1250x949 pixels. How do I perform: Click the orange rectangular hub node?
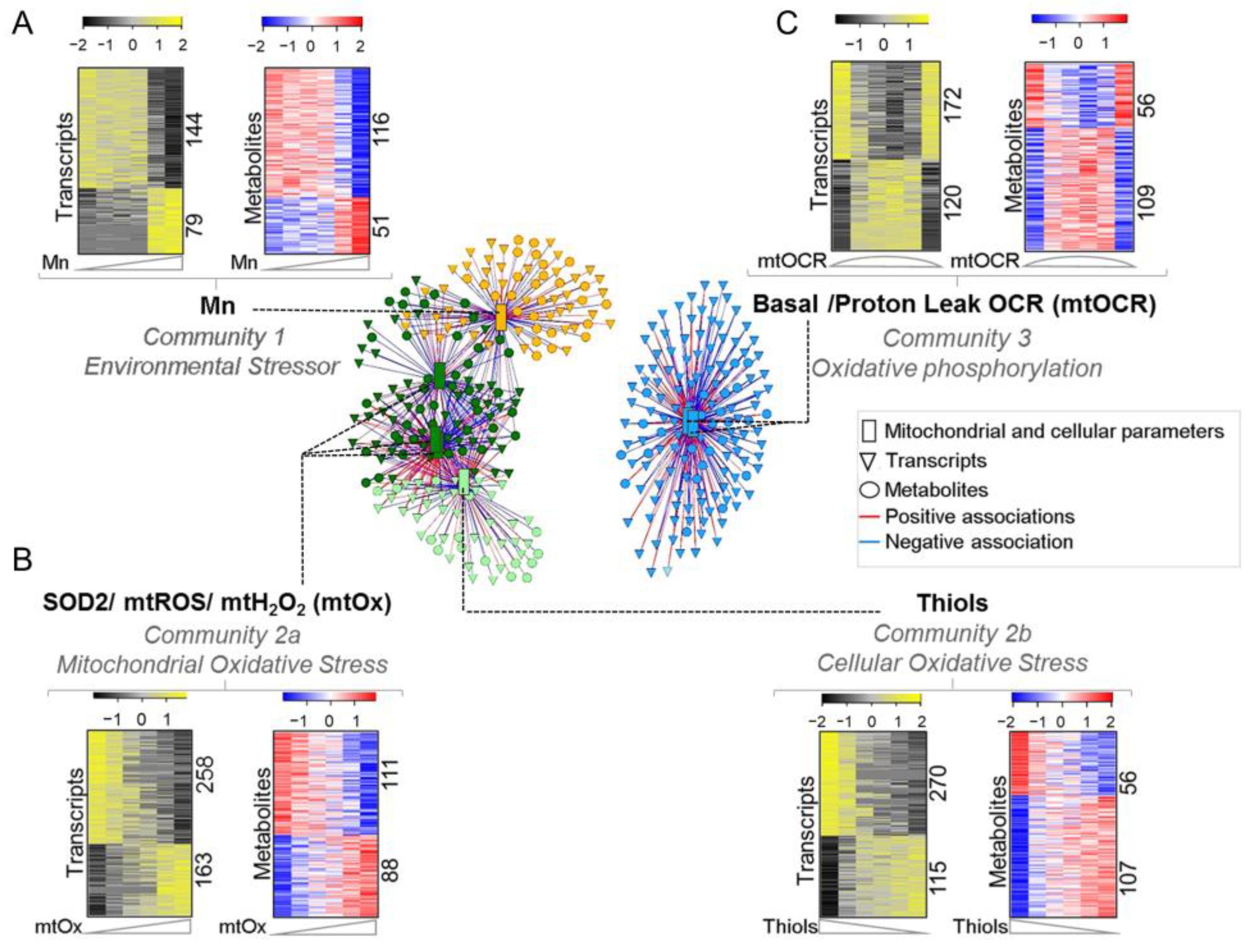point(501,318)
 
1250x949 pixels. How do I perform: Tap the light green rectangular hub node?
point(464,481)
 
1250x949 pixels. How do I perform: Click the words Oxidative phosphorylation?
point(957,368)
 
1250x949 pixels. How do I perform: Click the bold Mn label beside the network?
point(218,306)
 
